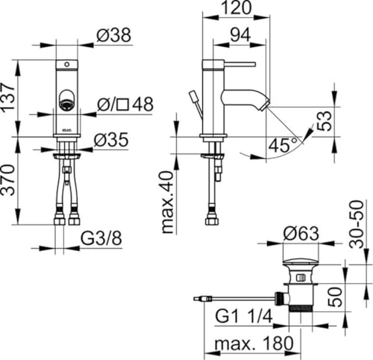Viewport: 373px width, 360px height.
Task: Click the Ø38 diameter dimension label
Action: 113,35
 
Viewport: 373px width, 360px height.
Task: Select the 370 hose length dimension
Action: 7,180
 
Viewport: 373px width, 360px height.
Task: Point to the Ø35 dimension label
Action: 111,140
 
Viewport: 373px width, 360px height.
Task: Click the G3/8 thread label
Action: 101,238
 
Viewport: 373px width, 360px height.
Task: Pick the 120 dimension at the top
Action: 236,7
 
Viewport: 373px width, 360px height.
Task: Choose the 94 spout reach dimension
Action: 240,34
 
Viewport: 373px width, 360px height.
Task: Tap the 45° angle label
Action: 283,146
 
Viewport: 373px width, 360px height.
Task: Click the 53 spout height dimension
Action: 325,121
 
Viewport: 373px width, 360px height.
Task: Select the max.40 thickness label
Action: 167,202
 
